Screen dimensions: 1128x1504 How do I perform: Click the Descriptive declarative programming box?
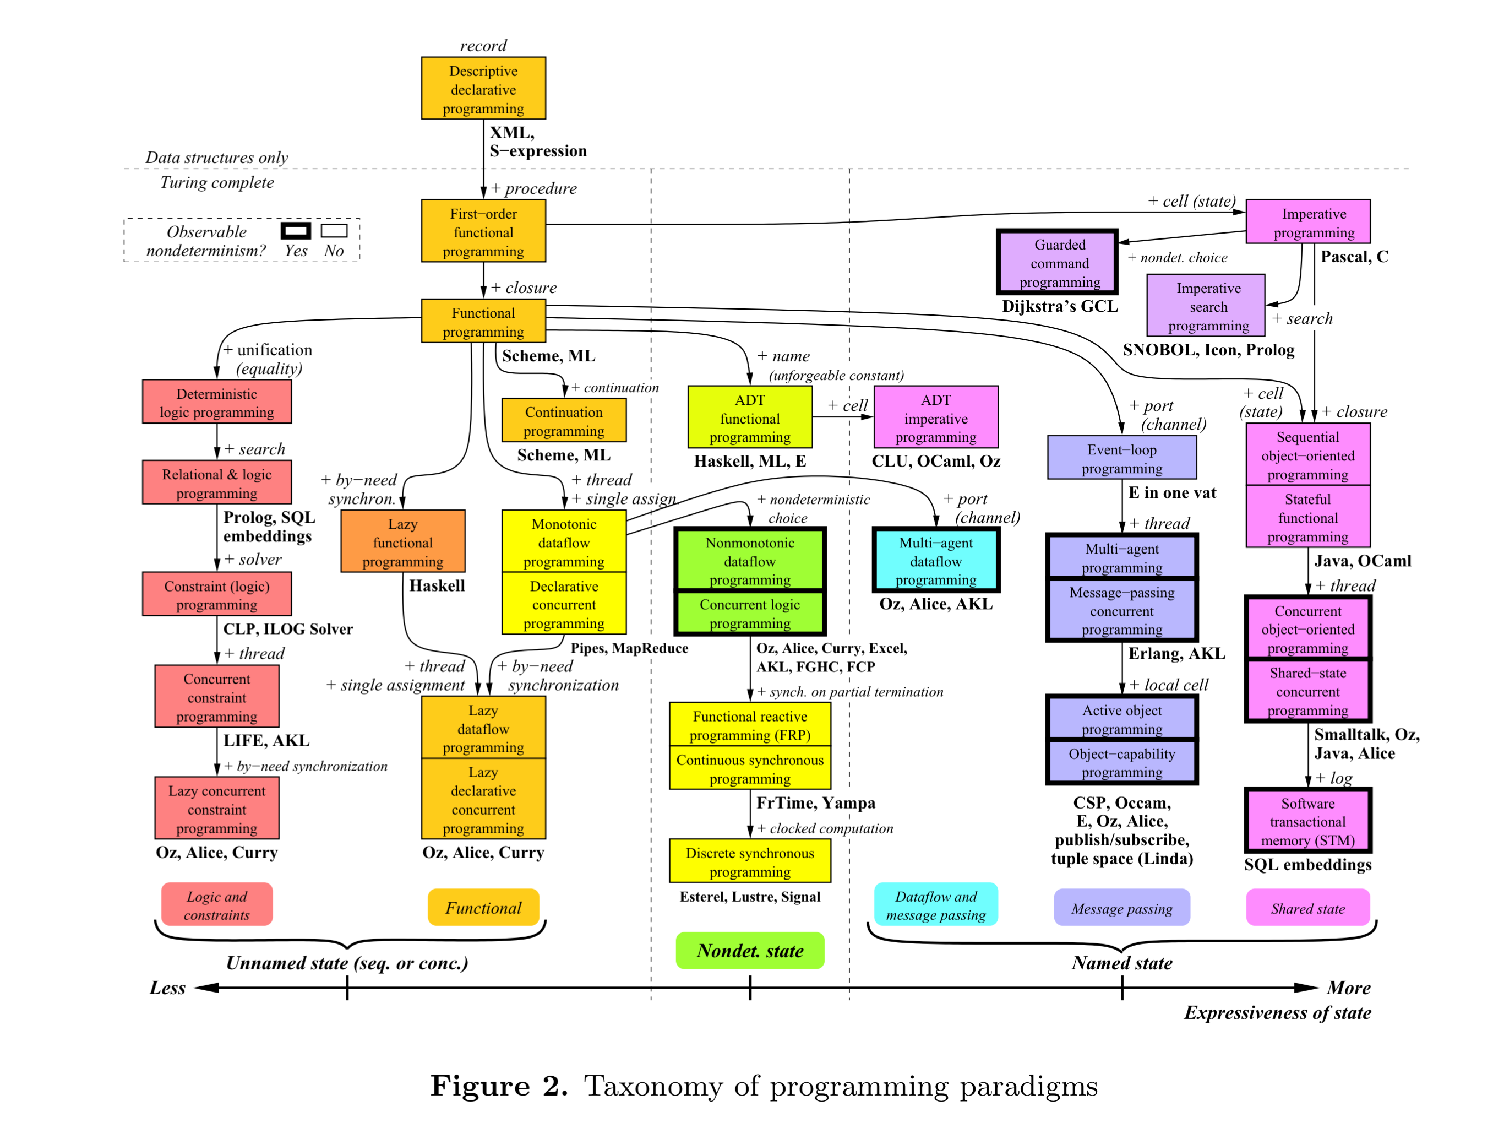483,89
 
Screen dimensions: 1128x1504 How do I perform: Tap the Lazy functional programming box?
402,541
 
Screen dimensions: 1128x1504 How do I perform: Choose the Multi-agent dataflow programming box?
935,561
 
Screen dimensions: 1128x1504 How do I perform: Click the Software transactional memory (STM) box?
1307,821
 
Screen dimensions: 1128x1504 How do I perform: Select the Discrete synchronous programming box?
749,861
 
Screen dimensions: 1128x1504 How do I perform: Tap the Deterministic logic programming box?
216,402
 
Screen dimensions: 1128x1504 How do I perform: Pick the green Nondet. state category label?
749,951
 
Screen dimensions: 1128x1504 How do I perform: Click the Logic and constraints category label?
216,905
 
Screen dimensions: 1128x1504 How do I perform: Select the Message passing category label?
1121,908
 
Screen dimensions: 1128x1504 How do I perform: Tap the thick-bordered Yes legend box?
296,231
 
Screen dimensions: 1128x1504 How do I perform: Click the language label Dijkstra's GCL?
1059,306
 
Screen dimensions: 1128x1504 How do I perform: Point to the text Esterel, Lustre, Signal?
749,896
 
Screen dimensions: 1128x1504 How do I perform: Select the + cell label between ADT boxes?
847,406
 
